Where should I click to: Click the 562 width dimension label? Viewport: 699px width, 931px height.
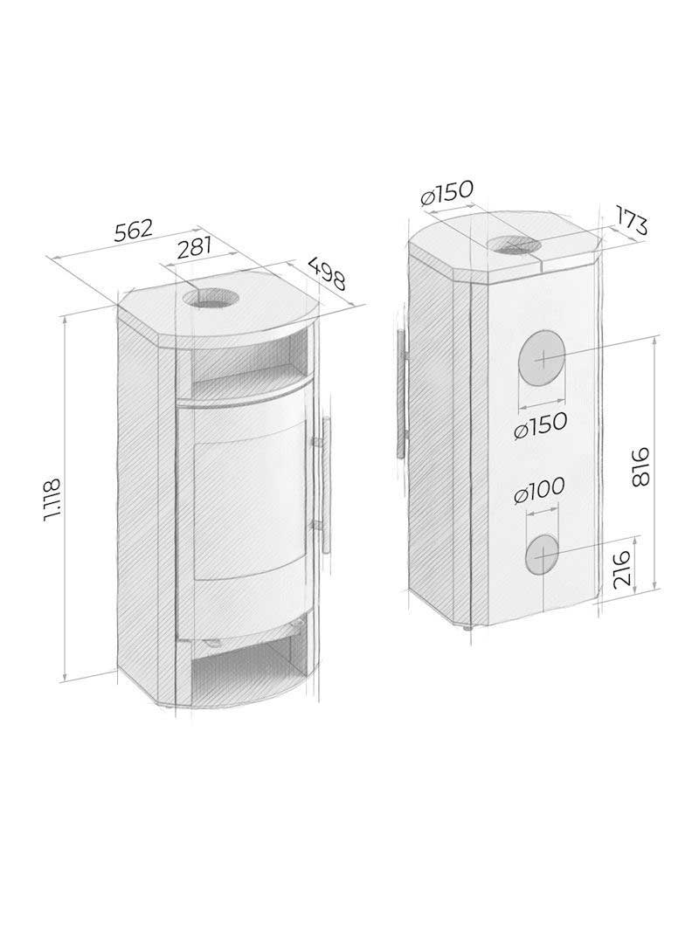click(x=134, y=231)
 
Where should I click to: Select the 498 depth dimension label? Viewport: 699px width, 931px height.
click(x=325, y=273)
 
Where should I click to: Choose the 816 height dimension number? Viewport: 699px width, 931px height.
click(x=639, y=467)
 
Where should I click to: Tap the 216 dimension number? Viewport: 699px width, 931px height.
click(x=621, y=569)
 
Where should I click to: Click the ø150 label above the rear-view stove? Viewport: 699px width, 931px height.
click(x=446, y=193)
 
